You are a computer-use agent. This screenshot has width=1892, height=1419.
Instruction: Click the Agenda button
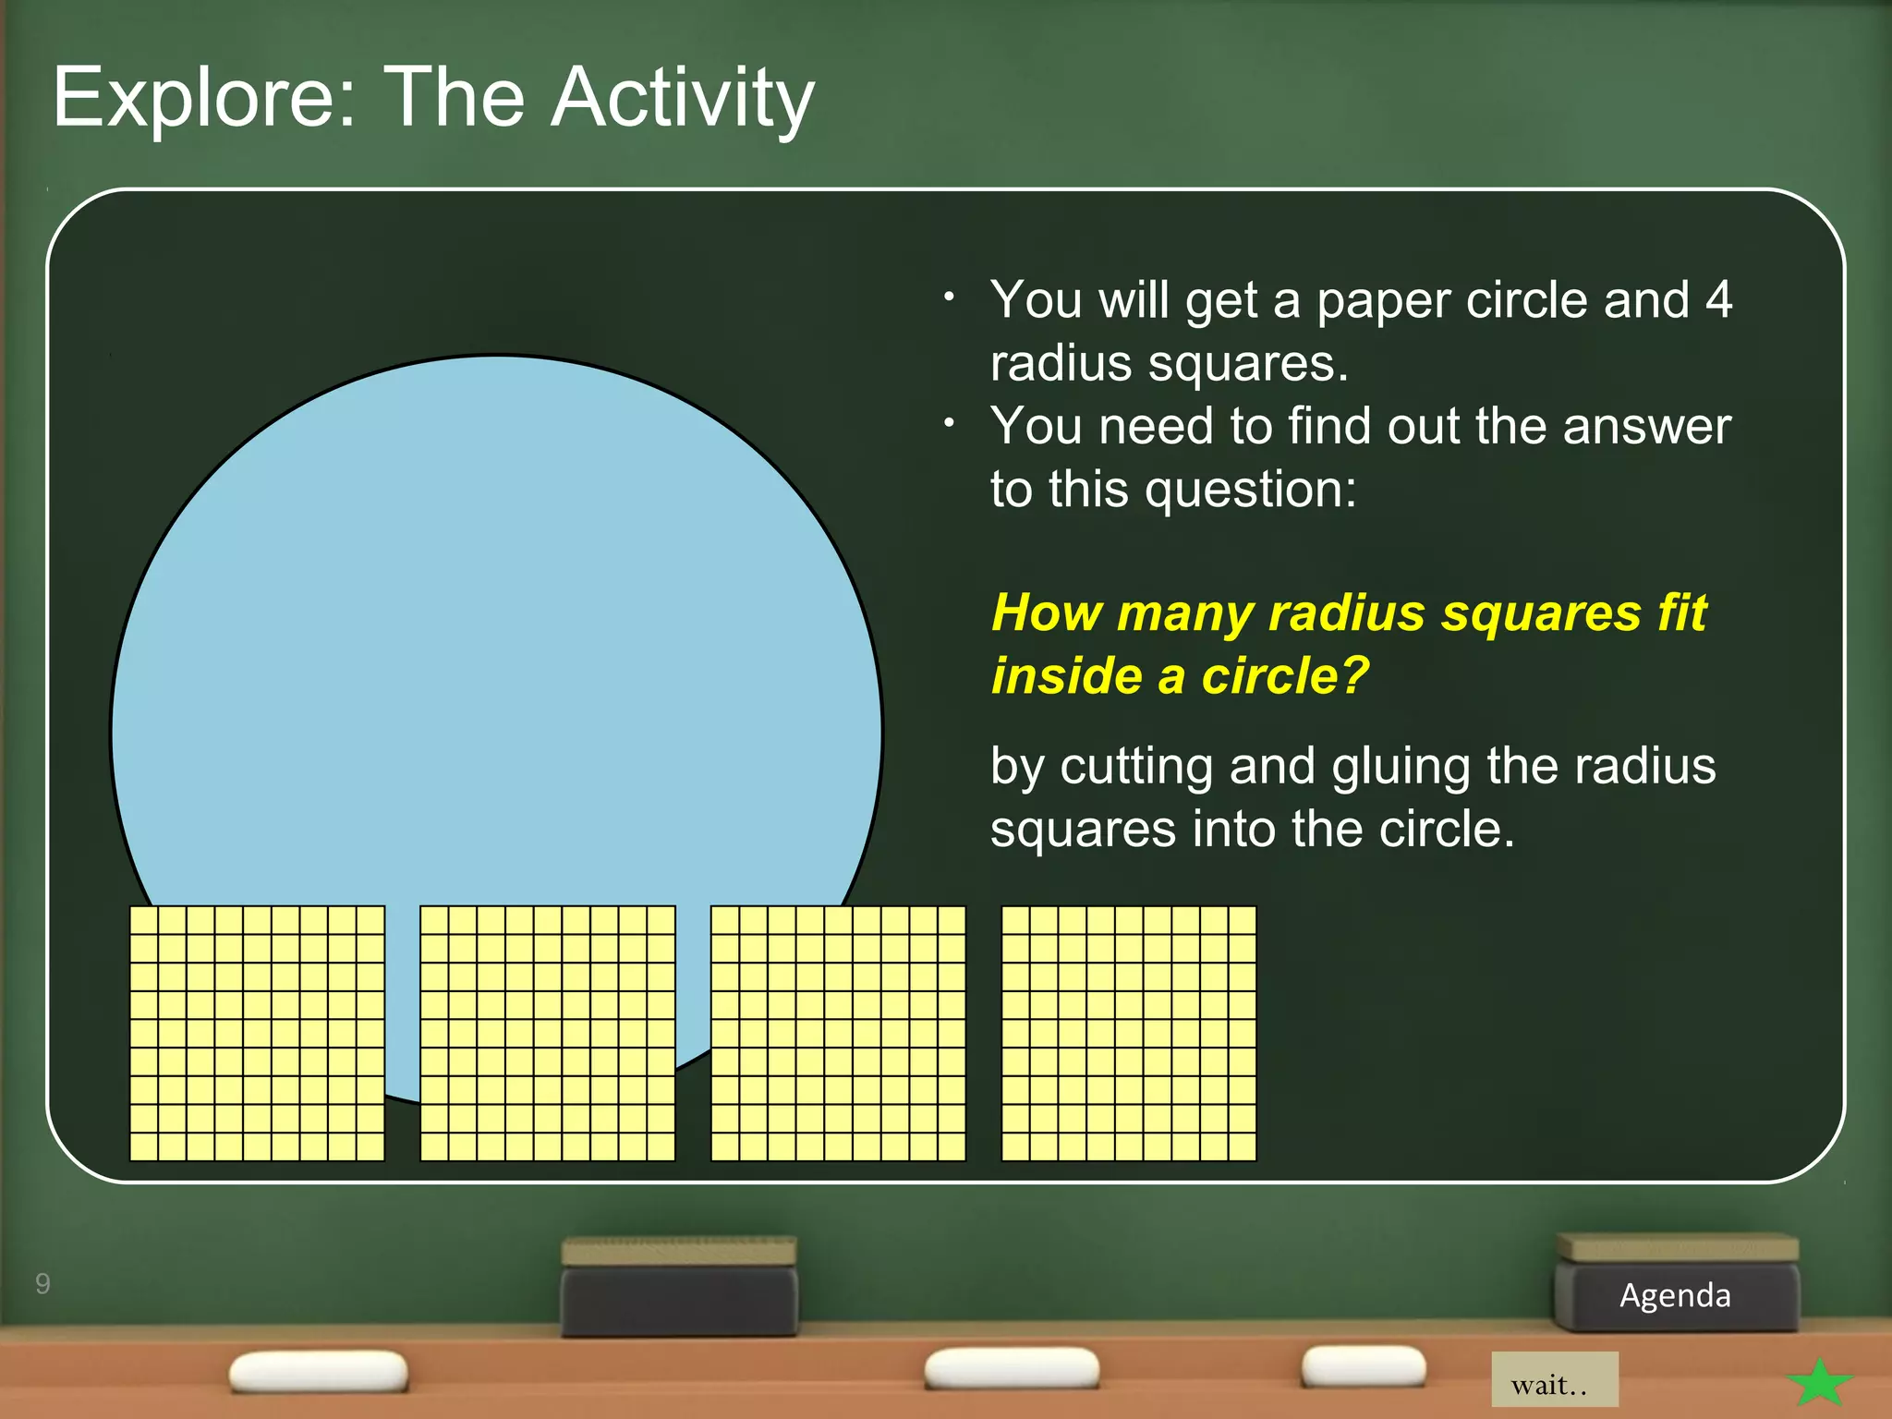coord(1675,1295)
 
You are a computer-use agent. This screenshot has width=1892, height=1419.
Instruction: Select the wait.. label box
coord(1554,1380)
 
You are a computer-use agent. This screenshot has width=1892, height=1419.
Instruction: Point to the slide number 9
coord(42,1283)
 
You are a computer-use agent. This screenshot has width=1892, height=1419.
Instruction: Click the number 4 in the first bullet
coord(1717,300)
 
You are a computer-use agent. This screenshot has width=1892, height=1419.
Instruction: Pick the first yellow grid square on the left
coord(257,1033)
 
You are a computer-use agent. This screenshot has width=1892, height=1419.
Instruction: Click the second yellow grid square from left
coord(547,1033)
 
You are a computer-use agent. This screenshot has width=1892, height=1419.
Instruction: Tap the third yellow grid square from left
coord(838,1033)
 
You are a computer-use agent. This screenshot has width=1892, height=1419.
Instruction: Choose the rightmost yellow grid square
coord(1129,1033)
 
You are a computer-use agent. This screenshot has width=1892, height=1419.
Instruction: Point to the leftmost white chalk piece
coord(319,1371)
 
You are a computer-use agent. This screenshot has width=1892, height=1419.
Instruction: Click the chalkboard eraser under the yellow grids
coord(679,1286)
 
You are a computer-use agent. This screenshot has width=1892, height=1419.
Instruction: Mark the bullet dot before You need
coord(949,423)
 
